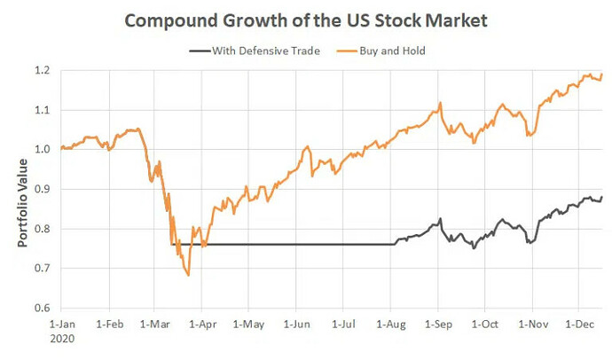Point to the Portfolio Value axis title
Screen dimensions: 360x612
pos(22,190)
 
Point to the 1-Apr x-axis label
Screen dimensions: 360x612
pos(205,325)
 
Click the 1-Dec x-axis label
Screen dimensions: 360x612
pos(579,325)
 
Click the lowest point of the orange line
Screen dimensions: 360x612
pos(188,275)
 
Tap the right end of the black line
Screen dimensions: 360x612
pos(602,197)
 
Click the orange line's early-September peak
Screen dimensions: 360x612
pos(440,103)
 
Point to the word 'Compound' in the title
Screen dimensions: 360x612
pos(164,20)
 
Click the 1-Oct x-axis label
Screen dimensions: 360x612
pos(485,325)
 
